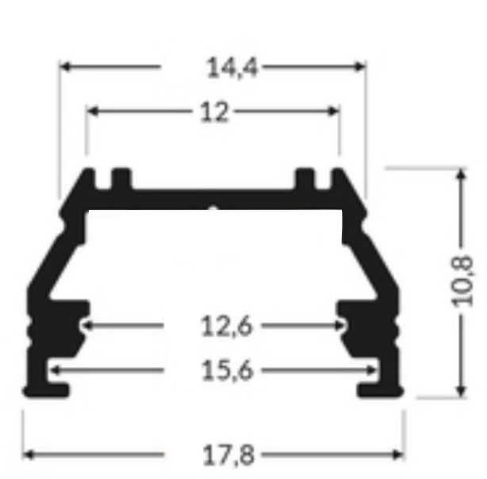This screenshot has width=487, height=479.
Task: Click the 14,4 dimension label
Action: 232,67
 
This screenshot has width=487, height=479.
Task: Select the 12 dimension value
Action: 214,112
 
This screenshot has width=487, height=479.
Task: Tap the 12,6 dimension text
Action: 227,326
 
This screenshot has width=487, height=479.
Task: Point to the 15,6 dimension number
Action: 228,370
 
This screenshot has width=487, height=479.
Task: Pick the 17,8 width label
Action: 228,455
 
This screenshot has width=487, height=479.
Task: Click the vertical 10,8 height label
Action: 462,282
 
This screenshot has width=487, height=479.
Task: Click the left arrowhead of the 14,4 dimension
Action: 64,67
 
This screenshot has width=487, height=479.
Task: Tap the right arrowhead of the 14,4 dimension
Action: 361,67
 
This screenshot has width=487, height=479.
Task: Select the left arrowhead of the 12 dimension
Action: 92,111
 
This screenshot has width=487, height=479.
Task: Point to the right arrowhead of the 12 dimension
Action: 334,111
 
